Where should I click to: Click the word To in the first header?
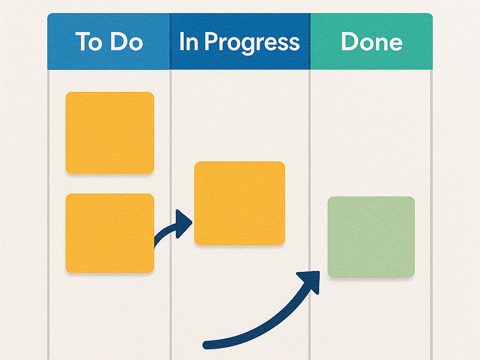click(x=89, y=41)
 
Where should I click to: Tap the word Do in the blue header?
click(x=127, y=41)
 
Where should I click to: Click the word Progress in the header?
click(x=252, y=43)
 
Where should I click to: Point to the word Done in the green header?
click(x=372, y=41)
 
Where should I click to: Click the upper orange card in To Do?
click(x=110, y=133)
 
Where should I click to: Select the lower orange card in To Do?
click(x=110, y=233)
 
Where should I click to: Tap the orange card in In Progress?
click(x=240, y=203)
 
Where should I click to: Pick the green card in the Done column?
click(x=371, y=237)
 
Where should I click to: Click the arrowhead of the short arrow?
click(x=183, y=224)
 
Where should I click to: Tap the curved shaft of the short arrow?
click(x=165, y=232)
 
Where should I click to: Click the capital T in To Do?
click(x=82, y=41)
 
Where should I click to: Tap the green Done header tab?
click(x=371, y=41)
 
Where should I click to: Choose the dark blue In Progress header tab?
click(x=240, y=41)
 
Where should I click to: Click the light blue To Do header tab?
click(x=109, y=41)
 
